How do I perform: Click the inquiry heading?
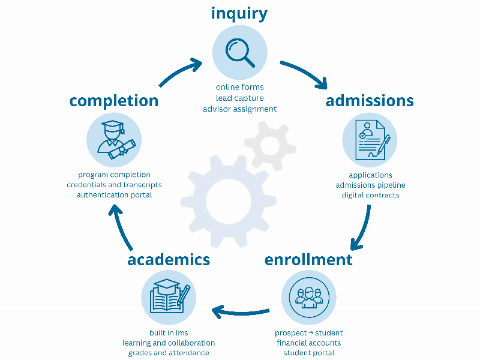(x=239, y=13)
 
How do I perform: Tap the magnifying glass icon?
(x=239, y=52)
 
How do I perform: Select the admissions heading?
(x=370, y=101)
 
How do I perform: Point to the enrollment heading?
(x=308, y=260)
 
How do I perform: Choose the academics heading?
(x=169, y=260)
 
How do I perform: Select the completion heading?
(x=114, y=101)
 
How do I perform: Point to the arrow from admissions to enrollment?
(x=362, y=229)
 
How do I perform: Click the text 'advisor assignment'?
(x=239, y=109)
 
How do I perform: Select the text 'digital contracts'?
(x=370, y=195)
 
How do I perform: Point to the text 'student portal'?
(x=308, y=353)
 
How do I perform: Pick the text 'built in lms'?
(x=169, y=333)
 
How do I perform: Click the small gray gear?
(x=270, y=144)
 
